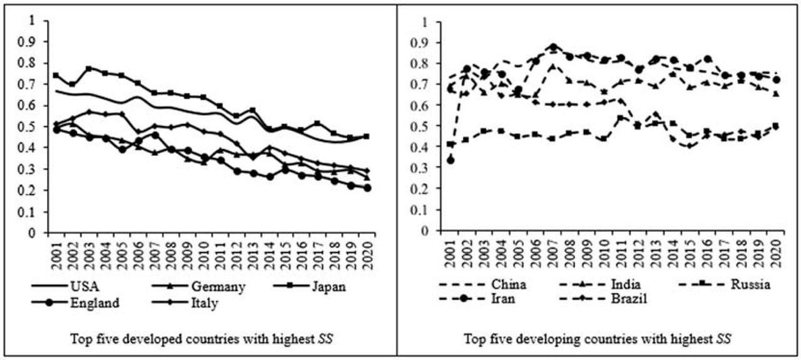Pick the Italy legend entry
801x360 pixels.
pyautogui.click(x=204, y=303)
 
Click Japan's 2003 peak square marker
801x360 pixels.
pyautogui.click(x=89, y=69)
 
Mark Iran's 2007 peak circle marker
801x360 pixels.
pyautogui.click(x=553, y=48)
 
